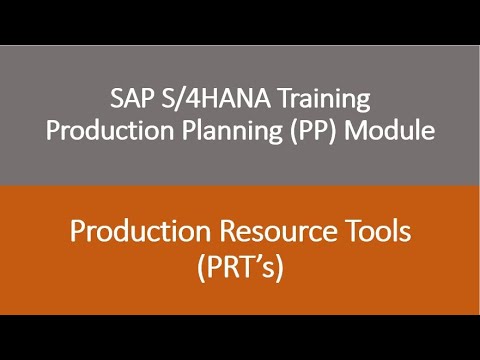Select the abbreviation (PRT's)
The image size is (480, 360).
pos(240,266)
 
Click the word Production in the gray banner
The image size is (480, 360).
pos(127,131)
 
